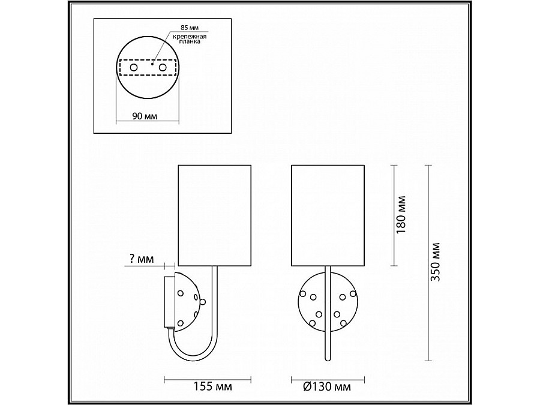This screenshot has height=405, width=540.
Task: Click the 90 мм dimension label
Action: (145, 116)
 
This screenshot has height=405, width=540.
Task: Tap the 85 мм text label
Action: (190, 28)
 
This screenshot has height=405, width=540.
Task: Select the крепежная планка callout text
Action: (190, 38)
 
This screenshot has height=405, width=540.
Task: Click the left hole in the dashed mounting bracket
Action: (134, 67)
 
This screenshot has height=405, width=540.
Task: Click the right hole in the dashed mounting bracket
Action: (163, 67)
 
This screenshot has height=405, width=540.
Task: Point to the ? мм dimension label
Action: (142, 259)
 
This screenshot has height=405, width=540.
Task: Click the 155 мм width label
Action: (212, 386)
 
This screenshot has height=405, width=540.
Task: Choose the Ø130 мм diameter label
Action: (327, 386)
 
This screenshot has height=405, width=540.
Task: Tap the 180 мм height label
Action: (401, 215)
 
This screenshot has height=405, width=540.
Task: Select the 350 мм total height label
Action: (436, 262)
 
